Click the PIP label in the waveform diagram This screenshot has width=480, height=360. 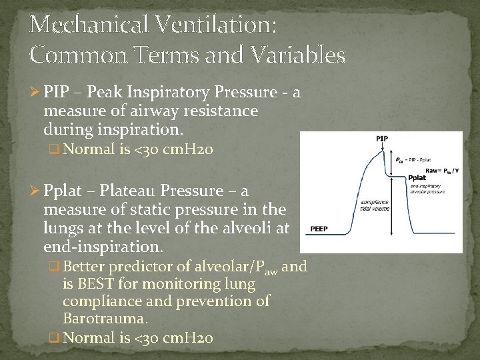point(382,139)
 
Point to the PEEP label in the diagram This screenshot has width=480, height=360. point(317,229)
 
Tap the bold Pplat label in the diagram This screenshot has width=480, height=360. point(417,178)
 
